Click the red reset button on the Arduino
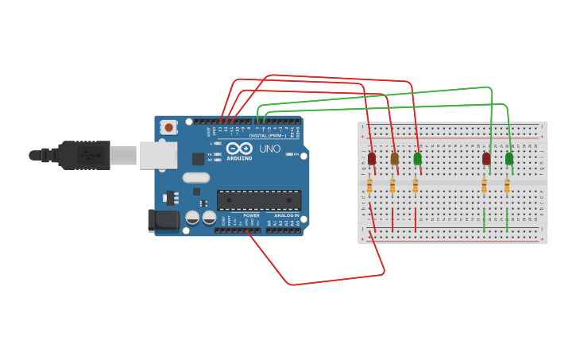click(x=168, y=127)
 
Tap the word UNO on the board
click(x=269, y=149)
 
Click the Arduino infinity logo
click(x=239, y=148)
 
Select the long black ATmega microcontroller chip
click(x=259, y=200)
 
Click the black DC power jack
click(x=164, y=220)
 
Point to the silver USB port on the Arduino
click(x=157, y=156)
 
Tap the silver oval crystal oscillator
click(x=196, y=177)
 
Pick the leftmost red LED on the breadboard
click(x=372, y=159)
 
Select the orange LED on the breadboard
click(x=395, y=159)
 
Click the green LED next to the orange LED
click(x=418, y=159)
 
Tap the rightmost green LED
click(x=509, y=159)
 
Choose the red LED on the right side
click(x=486, y=159)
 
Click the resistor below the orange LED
click(x=392, y=186)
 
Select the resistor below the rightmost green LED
click(x=507, y=186)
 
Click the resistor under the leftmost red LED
click(x=369, y=186)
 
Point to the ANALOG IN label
click(x=286, y=215)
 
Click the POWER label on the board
click(x=251, y=215)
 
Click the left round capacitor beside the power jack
click(x=192, y=218)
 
